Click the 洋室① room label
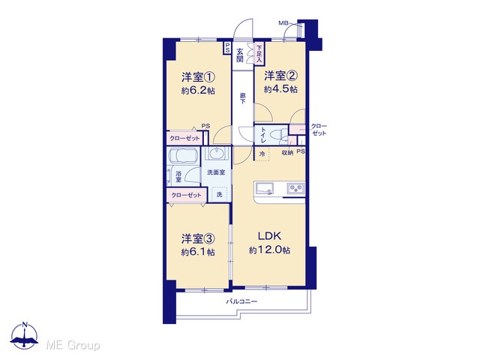198,76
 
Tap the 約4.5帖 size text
280,89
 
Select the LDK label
269,236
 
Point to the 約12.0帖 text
270,250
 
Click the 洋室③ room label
198,238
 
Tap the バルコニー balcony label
241,301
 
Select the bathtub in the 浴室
183,157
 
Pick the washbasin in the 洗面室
217,152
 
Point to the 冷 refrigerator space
262,154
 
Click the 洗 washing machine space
220,194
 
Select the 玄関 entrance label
240,55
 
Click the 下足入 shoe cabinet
259,53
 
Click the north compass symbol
25,336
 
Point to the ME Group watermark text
73,346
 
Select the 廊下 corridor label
242,98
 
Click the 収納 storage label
287,152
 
